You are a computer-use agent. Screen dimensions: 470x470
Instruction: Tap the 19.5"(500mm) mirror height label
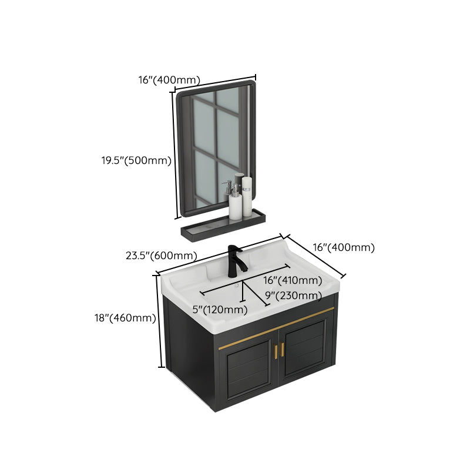point(135,160)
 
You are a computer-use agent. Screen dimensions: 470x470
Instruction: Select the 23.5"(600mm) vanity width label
point(161,256)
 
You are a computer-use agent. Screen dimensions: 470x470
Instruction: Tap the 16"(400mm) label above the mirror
point(169,80)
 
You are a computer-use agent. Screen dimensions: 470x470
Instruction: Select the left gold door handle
point(274,350)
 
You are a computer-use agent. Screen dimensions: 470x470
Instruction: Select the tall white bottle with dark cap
point(247,194)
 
